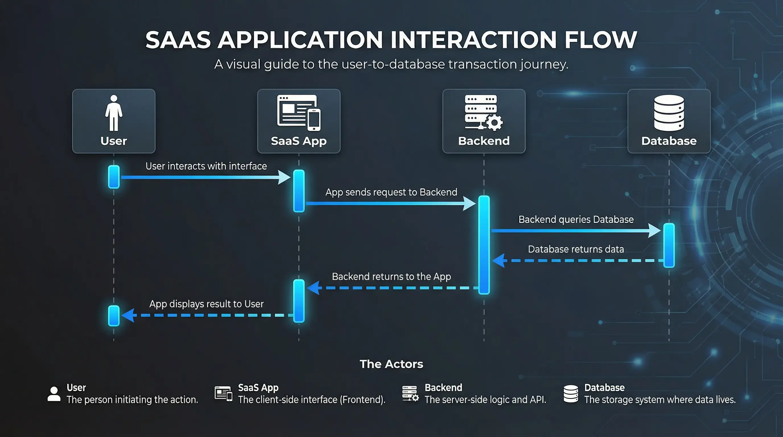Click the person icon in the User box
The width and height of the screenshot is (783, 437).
[114, 113]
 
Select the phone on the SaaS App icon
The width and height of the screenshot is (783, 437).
[314, 120]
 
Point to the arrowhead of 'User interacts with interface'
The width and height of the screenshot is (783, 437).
[285, 177]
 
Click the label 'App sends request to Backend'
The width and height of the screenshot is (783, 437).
[391, 192]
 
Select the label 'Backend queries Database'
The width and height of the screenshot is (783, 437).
[576, 219]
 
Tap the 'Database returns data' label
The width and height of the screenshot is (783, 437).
[576, 249]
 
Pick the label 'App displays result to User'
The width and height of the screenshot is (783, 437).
[206, 304]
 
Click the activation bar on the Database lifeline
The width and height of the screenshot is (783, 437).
[669, 245]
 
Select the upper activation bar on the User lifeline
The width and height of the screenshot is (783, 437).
[114, 177]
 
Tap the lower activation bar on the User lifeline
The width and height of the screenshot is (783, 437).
[114, 316]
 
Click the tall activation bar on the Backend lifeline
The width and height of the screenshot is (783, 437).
[484, 245]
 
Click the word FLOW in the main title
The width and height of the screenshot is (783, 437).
[601, 40]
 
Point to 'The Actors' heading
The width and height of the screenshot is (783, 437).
[391, 364]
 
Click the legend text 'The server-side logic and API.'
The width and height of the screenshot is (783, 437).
[485, 400]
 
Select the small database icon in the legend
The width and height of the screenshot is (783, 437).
[570, 394]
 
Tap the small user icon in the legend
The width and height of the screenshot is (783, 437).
[54, 394]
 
